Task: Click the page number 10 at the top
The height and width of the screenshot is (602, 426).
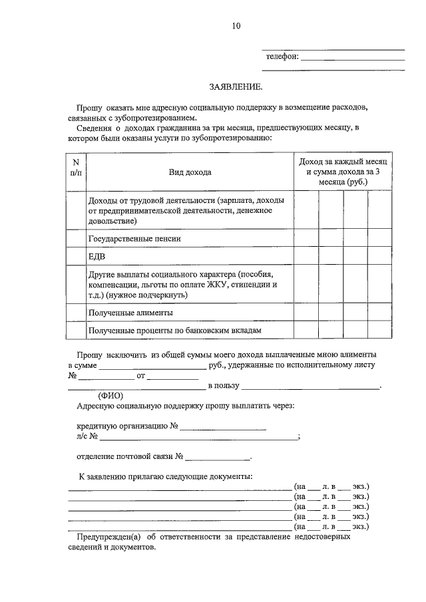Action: click(236, 26)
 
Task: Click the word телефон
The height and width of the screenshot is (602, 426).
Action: click(282, 57)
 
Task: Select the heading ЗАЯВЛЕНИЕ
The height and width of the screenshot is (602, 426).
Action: click(236, 86)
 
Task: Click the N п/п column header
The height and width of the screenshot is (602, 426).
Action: click(75, 167)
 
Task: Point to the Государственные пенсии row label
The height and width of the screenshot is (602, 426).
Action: click(134, 237)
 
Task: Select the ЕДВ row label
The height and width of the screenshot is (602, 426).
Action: click(97, 255)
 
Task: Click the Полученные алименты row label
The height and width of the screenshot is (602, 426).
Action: click(130, 311)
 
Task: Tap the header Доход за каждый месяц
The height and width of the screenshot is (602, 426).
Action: click(343, 162)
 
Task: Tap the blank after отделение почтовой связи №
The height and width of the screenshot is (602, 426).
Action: click(218, 458)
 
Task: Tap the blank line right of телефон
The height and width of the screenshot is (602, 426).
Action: click(353, 59)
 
